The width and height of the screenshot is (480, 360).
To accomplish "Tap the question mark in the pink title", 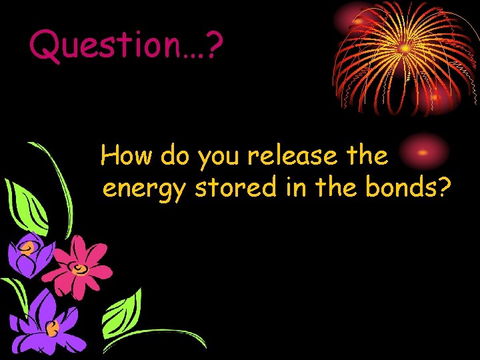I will click(x=213, y=45).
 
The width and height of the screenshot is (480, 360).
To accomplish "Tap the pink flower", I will click(x=81, y=265).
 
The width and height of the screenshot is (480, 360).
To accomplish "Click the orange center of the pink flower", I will click(x=80, y=269).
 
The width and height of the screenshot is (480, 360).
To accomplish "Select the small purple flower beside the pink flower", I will click(x=28, y=253).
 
